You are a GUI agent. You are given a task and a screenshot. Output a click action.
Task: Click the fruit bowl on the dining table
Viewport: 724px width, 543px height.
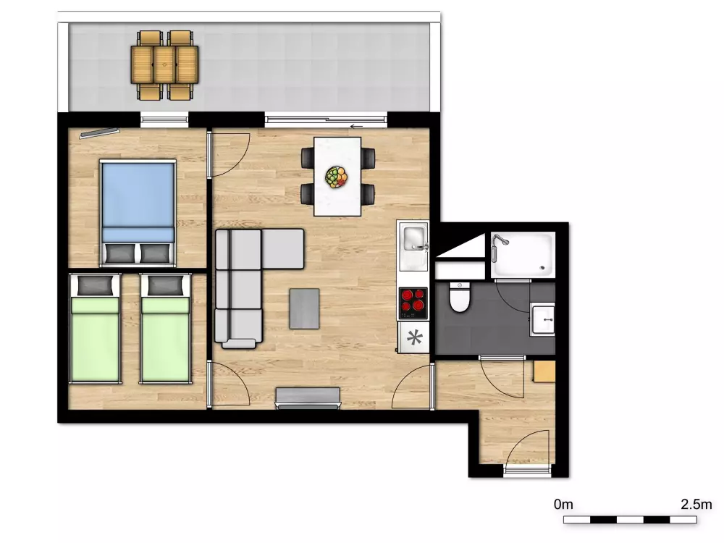[x=336, y=177]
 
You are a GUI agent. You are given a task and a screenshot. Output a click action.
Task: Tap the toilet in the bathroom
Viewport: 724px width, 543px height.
[x=460, y=297]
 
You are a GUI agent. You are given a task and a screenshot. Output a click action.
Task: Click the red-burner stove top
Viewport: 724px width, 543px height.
[x=413, y=303]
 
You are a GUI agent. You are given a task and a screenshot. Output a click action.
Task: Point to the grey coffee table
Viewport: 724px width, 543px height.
[x=304, y=308]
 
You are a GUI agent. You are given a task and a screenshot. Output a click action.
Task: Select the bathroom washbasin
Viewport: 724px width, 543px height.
[x=542, y=319]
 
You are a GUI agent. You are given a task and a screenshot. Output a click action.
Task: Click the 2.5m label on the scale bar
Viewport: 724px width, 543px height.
[x=696, y=504]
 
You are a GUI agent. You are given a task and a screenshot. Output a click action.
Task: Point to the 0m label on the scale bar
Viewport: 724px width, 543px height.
[x=563, y=504]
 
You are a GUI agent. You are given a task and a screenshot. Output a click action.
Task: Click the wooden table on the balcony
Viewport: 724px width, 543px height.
[x=164, y=64]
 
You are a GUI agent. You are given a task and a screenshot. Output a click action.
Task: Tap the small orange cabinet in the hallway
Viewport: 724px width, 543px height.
[x=544, y=371]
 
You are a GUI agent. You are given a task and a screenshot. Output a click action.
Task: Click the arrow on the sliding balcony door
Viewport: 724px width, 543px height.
[x=356, y=125]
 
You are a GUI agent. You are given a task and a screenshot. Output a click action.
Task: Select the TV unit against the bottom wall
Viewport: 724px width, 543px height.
[x=308, y=398]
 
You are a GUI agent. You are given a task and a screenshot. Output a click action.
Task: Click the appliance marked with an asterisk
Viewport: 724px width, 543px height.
[x=413, y=337]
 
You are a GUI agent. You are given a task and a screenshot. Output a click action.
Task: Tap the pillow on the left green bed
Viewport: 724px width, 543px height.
[x=96, y=285]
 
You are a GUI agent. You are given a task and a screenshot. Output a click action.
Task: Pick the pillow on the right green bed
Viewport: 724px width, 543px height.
[x=166, y=285]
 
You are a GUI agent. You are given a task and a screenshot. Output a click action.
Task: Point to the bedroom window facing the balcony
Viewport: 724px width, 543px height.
[x=164, y=120]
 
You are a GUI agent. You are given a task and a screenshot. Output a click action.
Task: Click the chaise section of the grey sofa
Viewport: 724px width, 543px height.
[x=283, y=249]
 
